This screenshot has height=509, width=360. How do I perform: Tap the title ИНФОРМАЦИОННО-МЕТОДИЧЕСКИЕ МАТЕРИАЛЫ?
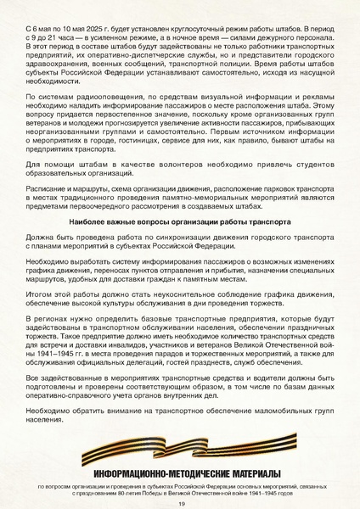[x=179, y=476]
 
